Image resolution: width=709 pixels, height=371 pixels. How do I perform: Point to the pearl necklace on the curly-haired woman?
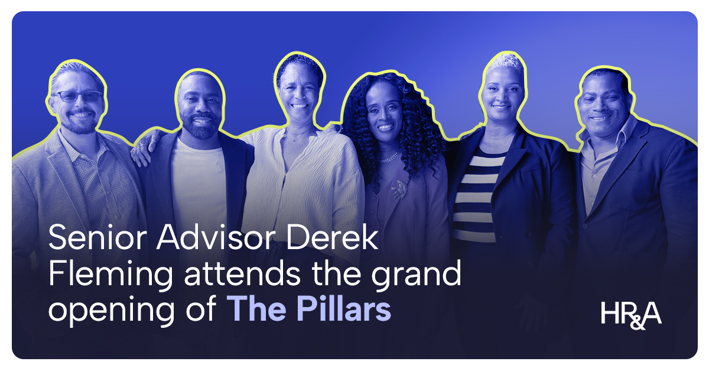tap(388, 157)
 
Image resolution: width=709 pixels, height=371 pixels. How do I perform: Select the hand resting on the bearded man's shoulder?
tap(140, 153)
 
